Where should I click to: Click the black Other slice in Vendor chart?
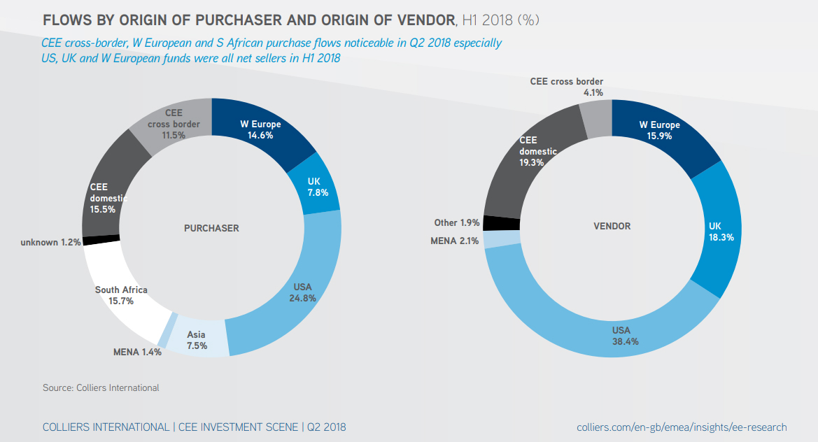[501, 223]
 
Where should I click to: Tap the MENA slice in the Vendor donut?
[502, 238]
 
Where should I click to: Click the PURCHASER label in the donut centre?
[211, 228]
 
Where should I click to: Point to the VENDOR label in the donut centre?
[612, 226]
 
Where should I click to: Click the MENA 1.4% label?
[137, 352]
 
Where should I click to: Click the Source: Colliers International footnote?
[101, 387]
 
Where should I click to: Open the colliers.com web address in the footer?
[682, 427]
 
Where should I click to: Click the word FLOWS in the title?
[68, 20]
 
